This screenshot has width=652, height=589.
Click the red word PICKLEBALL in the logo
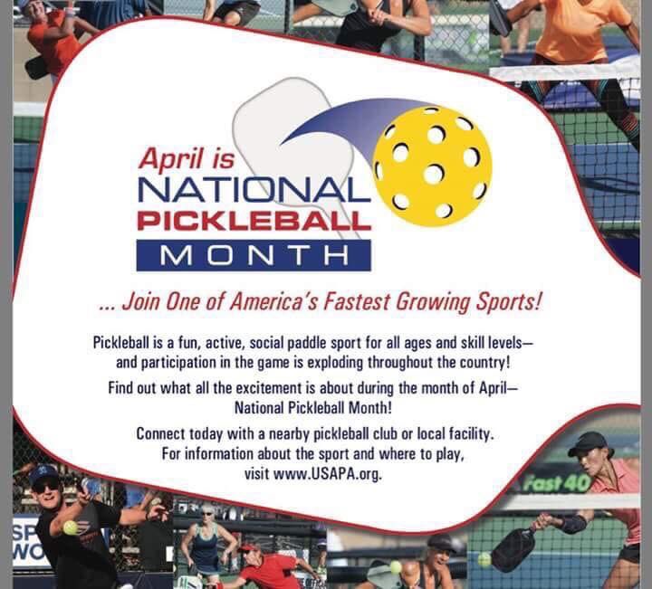pos(254,220)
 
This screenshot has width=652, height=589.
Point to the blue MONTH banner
pos(253,254)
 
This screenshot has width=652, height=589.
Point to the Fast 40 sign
pos(555,482)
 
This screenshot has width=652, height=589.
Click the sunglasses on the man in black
pos(44,486)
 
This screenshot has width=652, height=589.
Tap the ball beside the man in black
pos(70,527)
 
